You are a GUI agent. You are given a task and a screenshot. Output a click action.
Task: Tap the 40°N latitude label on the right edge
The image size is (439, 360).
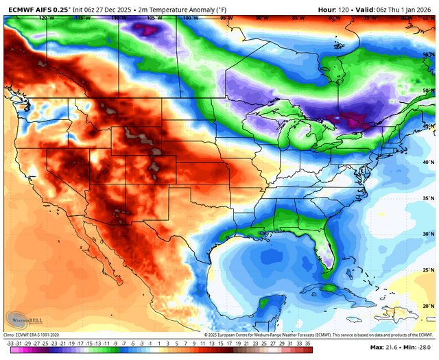click(x=427, y=163)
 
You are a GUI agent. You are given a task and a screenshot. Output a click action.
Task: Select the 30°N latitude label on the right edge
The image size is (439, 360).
click(x=427, y=235)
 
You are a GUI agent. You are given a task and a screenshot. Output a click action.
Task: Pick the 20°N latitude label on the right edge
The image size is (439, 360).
click(x=427, y=306)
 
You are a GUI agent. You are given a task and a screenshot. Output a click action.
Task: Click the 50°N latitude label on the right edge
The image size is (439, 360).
click(x=427, y=91)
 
